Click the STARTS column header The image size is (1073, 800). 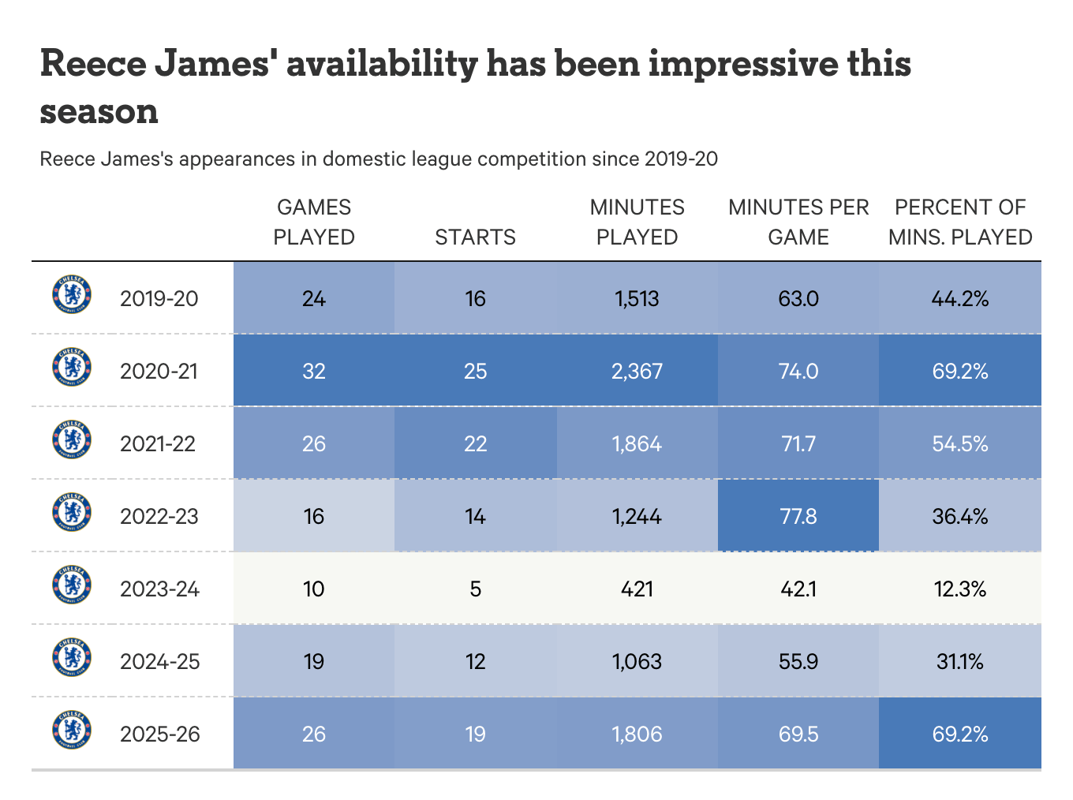(x=475, y=237)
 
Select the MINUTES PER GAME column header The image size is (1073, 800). (x=798, y=222)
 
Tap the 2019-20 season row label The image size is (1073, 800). (x=159, y=299)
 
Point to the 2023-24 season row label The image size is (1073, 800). (x=159, y=589)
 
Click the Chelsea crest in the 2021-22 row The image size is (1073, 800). (x=72, y=439)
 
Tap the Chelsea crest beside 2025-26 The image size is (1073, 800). (x=72, y=730)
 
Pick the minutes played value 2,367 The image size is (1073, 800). (x=637, y=372)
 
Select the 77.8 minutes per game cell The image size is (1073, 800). (x=798, y=517)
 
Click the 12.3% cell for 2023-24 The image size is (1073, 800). (x=960, y=589)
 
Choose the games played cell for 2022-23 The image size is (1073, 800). (x=314, y=517)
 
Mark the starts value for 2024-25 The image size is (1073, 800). (x=475, y=662)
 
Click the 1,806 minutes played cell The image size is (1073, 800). (x=637, y=735)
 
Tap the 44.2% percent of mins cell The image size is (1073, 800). (x=960, y=299)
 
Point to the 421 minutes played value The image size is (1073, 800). (x=637, y=589)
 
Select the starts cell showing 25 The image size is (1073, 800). (x=475, y=372)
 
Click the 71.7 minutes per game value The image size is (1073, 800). (x=798, y=444)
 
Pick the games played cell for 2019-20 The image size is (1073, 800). (x=314, y=299)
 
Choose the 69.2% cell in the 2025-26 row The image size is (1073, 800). (x=960, y=735)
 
